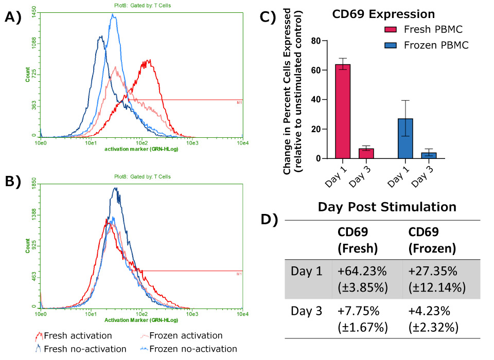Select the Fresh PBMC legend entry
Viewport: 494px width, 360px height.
[x=411, y=30]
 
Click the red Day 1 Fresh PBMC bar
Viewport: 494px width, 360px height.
[x=343, y=111]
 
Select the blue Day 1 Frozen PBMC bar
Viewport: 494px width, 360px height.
[x=405, y=138]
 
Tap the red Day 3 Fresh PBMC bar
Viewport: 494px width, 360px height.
[x=366, y=153]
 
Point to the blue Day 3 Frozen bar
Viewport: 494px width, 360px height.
[x=429, y=155]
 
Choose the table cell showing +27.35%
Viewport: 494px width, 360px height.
[x=431, y=278]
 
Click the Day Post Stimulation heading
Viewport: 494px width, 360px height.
[x=386, y=207]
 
